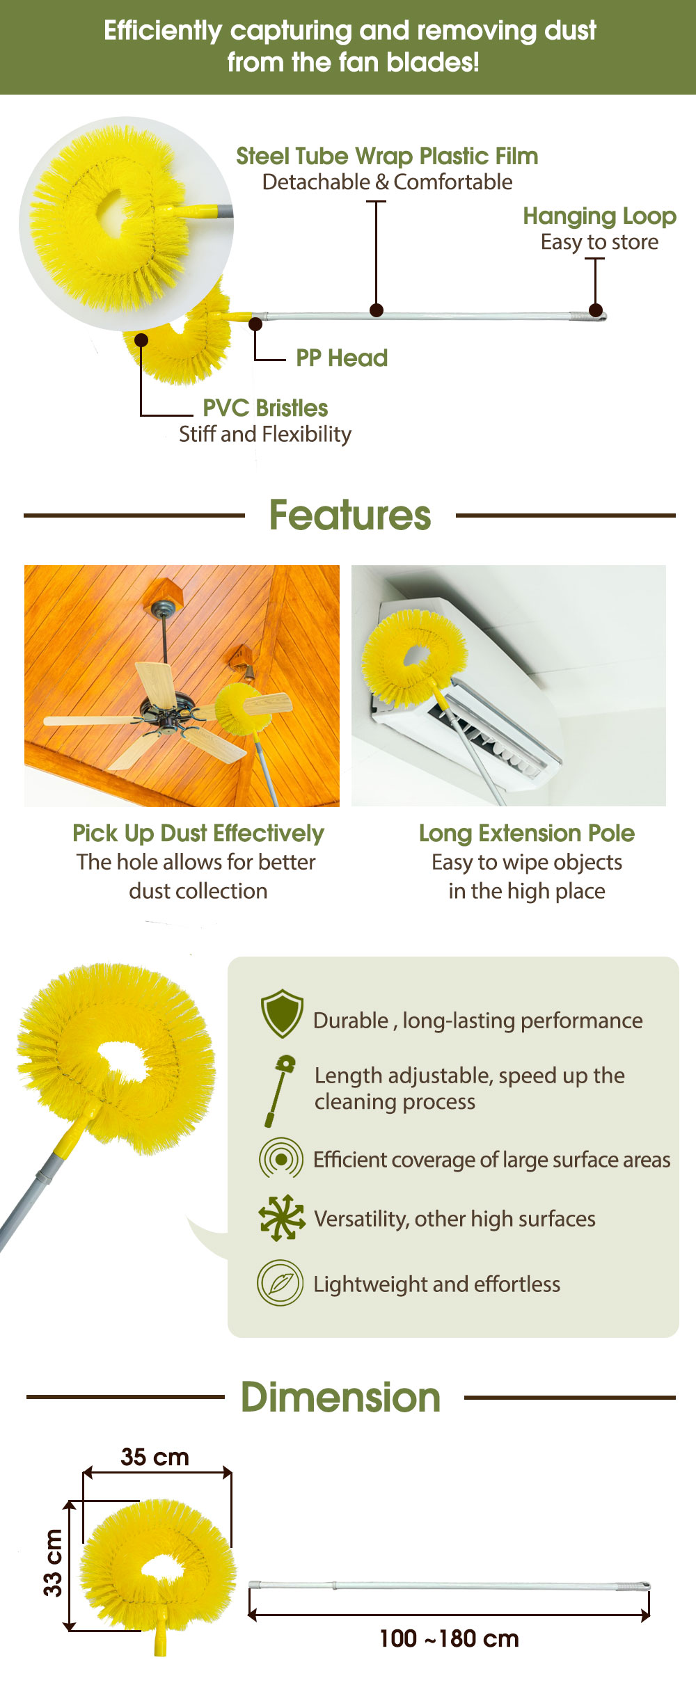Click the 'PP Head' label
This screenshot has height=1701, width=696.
click(342, 358)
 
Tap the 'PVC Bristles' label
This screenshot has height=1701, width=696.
click(265, 408)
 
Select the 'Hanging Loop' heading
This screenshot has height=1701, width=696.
click(599, 216)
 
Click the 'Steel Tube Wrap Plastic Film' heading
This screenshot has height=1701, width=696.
click(387, 157)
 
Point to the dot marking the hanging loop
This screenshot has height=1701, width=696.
click(596, 310)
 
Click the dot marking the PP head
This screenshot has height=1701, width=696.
click(255, 324)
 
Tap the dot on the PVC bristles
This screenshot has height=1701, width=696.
click(141, 340)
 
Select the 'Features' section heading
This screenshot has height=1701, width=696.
click(350, 516)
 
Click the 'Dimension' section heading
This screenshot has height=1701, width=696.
click(341, 1397)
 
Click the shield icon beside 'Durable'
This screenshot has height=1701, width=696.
click(282, 1014)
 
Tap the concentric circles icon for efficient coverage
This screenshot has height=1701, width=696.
click(281, 1158)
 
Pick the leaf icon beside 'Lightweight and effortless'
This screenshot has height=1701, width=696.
click(280, 1282)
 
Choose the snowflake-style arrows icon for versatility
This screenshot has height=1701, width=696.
click(282, 1217)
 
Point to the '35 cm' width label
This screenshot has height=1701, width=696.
click(155, 1456)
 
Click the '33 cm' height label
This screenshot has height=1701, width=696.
click(53, 1563)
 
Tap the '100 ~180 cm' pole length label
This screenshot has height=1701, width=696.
click(449, 1638)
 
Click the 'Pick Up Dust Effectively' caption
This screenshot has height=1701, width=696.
click(198, 833)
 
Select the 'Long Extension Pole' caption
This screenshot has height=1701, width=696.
click(527, 833)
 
